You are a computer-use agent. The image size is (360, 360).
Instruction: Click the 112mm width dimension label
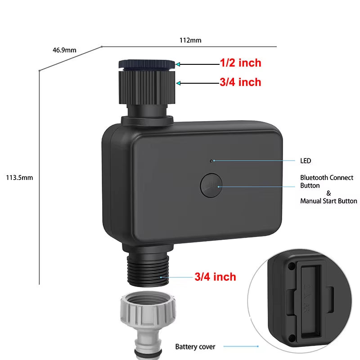(x=190, y=40)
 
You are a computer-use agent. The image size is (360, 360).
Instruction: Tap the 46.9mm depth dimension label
(x=64, y=50)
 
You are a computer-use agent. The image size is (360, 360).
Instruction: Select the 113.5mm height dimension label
(x=19, y=178)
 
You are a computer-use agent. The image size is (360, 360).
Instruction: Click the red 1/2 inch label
(x=240, y=63)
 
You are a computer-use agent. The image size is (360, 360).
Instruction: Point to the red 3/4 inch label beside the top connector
(x=240, y=82)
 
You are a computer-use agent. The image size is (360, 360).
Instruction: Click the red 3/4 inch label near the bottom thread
(x=215, y=277)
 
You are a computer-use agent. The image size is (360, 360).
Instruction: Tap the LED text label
(x=306, y=161)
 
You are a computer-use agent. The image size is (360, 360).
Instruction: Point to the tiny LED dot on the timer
(x=211, y=160)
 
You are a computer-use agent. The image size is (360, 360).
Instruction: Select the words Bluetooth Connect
(x=327, y=178)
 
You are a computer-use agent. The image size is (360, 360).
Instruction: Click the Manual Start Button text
(x=328, y=201)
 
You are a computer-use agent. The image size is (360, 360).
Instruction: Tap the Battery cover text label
(x=195, y=346)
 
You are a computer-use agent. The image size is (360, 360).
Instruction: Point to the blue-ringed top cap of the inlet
(x=147, y=64)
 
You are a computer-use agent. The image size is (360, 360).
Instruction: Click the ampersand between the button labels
(x=328, y=193)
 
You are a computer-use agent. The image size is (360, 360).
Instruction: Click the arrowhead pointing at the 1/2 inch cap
(x=179, y=64)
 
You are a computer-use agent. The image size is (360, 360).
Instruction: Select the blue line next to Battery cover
(x=241, y=346)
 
